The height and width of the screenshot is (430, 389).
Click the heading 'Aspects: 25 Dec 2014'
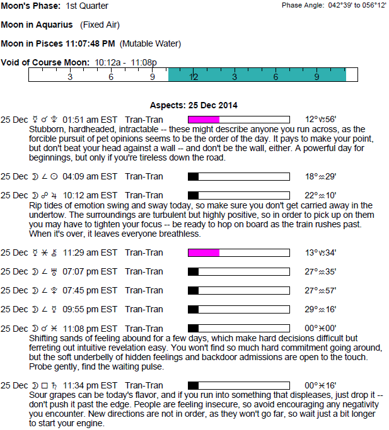click(x=194, y=105)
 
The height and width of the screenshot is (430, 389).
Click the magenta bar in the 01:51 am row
click(x=204, y=120)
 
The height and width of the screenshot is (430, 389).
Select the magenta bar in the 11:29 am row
click(x=204, y=252)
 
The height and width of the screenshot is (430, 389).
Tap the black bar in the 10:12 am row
click(x=194, y=195)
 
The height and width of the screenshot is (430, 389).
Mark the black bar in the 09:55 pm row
click(x=194, y=309)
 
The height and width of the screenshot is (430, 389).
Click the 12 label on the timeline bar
click(x=194, y=77)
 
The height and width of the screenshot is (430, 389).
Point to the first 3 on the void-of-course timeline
click(x=70, y=77)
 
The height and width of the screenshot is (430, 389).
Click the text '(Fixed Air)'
click(x=100, y=25)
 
